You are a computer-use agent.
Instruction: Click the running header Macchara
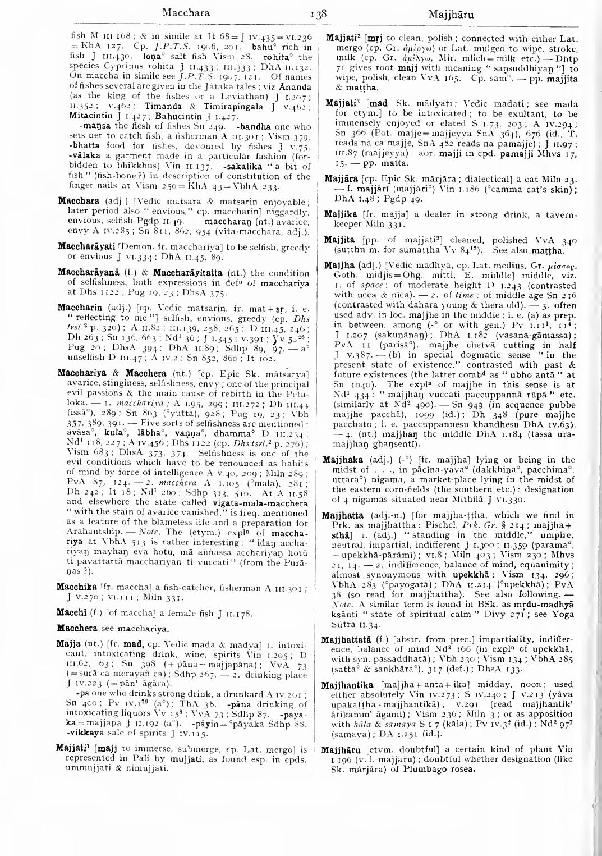point(185,12)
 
